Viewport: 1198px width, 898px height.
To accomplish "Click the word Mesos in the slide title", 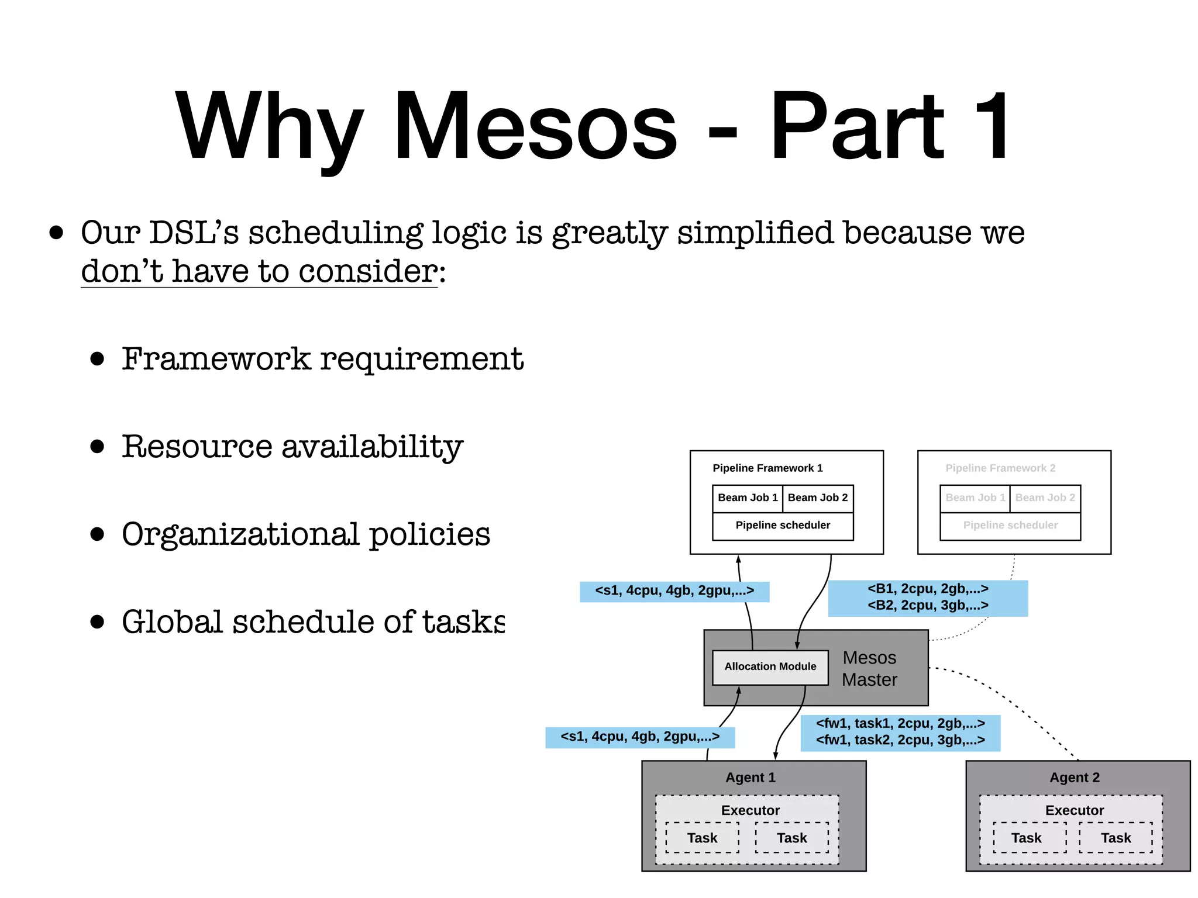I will coord(535,127).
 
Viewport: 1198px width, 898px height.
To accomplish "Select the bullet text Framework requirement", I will coord(322,358).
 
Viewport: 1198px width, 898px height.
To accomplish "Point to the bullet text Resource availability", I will coord(292,447).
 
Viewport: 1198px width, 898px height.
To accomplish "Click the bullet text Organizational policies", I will coord(306,534).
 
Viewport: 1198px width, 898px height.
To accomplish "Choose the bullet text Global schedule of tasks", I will coord(313,621).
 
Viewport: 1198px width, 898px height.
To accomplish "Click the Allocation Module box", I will coord(770,666).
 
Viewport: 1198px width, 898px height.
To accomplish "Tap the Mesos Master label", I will coord(869,669).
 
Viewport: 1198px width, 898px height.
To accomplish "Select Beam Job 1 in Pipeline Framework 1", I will coord(747,498).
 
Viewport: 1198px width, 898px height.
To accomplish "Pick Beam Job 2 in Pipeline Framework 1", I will coord(817,498).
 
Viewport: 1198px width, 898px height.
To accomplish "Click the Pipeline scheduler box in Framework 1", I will coord(783,526).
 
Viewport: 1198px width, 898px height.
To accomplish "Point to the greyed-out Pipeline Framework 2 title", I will coord(1000,468).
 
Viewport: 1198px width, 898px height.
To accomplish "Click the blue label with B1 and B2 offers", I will coord(928,597).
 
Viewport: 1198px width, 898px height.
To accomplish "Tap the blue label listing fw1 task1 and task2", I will coord(900,732).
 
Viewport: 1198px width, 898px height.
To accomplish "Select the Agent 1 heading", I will coord(751,778).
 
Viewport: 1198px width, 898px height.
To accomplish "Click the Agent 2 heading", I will coord(1075,778).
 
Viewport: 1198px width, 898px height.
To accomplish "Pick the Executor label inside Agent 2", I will coord(1075,810).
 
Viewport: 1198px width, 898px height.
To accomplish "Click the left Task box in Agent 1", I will coord(702,838).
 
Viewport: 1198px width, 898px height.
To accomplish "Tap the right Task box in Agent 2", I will coord(1116,838).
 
